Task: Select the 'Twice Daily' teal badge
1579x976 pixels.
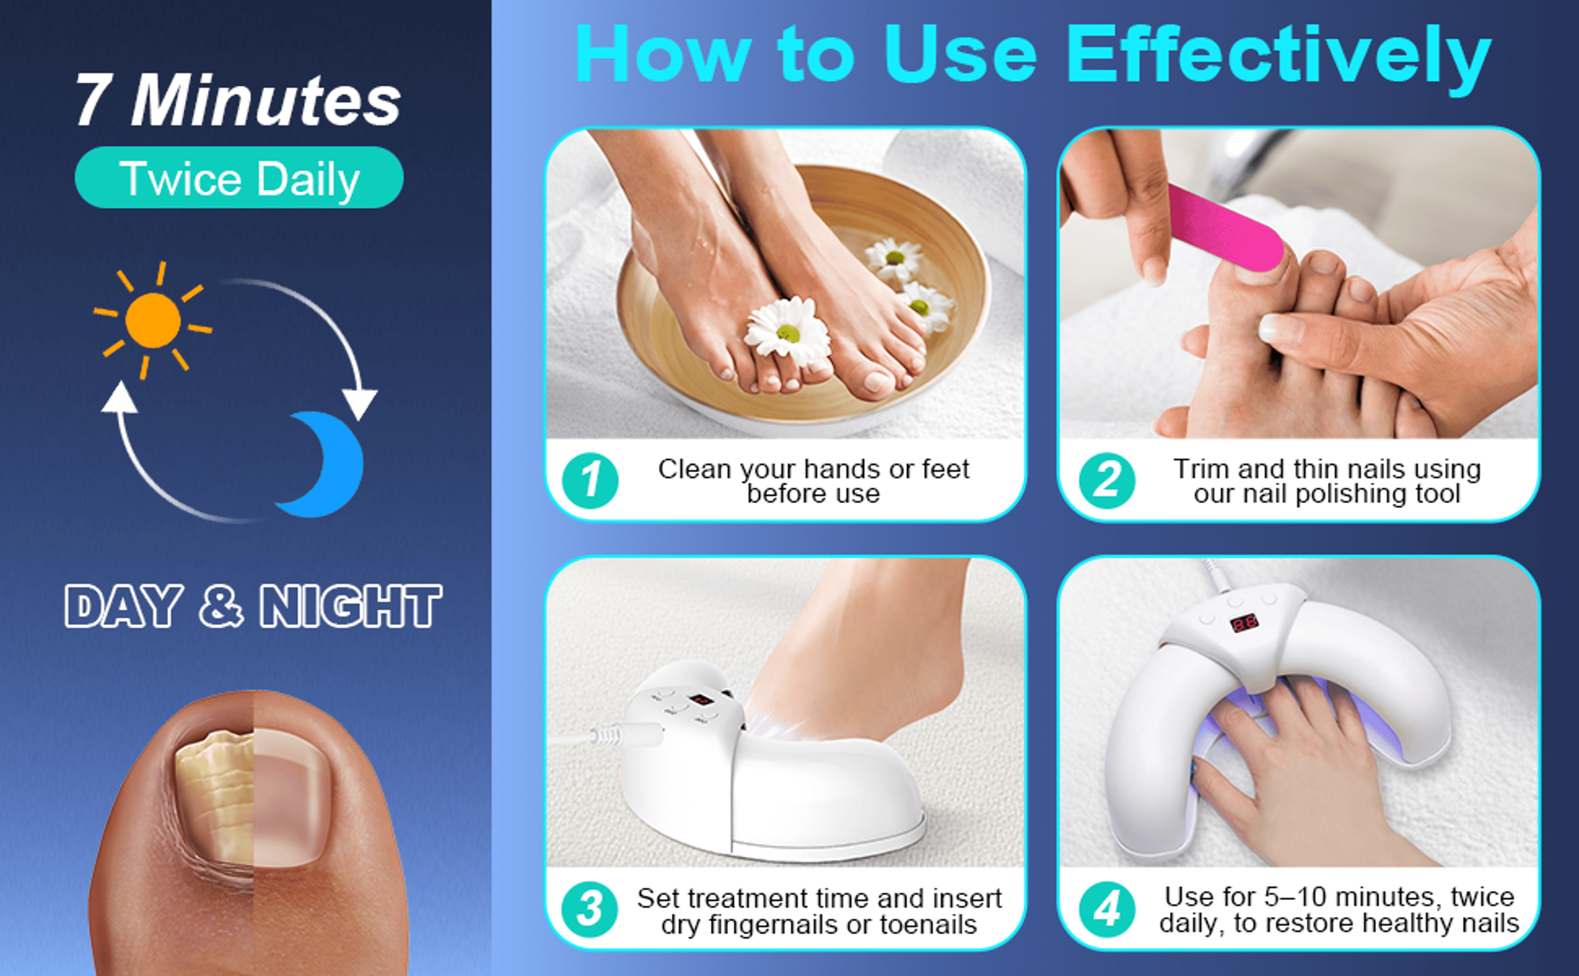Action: (239, 178)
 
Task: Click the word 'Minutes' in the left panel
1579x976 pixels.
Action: (265, 100)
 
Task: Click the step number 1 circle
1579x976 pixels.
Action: (590, 481)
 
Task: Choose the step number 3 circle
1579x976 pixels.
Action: (590, 909)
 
